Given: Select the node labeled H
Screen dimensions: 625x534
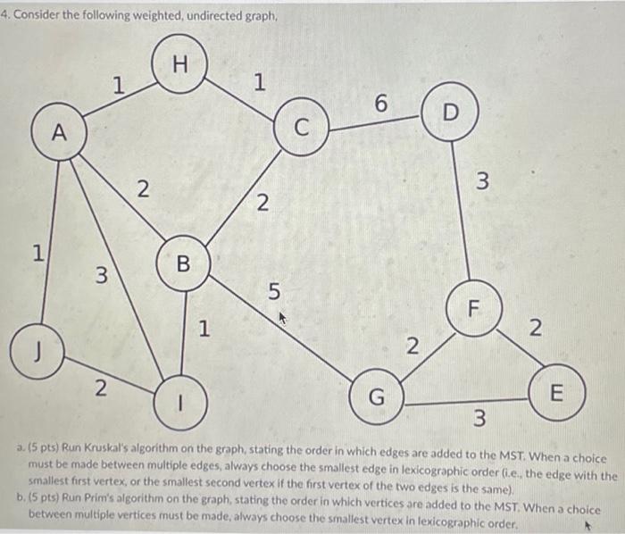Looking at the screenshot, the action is (179, 64).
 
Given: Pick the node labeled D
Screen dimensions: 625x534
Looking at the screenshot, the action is (449, 113).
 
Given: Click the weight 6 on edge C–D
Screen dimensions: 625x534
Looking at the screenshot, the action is (380, 104).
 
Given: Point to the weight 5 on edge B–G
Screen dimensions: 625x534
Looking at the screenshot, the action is (273, 292).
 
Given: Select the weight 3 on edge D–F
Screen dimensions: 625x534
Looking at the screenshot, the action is (482, 184).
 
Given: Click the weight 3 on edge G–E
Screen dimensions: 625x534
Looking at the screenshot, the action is (479, 417).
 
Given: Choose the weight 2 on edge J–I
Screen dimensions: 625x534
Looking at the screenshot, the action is (101, 388).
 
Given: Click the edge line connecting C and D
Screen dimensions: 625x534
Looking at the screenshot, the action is (375, 123).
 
